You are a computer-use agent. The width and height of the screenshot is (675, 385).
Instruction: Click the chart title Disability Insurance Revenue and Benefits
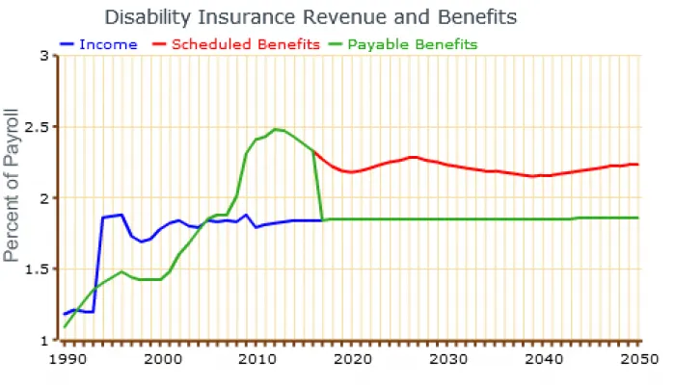click(x=310, y=17)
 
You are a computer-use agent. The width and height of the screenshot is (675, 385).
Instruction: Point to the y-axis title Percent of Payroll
click(x=13, y=198)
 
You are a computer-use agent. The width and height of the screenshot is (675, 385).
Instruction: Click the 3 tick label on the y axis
click(x=43, y=56)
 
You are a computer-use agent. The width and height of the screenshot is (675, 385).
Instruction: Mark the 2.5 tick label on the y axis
click(x=38, y=127)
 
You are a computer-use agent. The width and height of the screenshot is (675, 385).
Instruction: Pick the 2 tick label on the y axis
click(x=43, y=198)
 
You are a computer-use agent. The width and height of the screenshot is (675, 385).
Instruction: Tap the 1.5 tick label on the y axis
click(x=38, y=269)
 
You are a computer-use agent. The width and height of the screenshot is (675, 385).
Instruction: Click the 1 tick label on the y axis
click(x=43, y=341)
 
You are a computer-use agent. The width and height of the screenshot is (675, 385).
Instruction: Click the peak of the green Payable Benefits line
click(x=275, y=129)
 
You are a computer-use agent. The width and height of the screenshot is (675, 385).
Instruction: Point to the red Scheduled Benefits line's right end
click(x=637, y=165)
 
